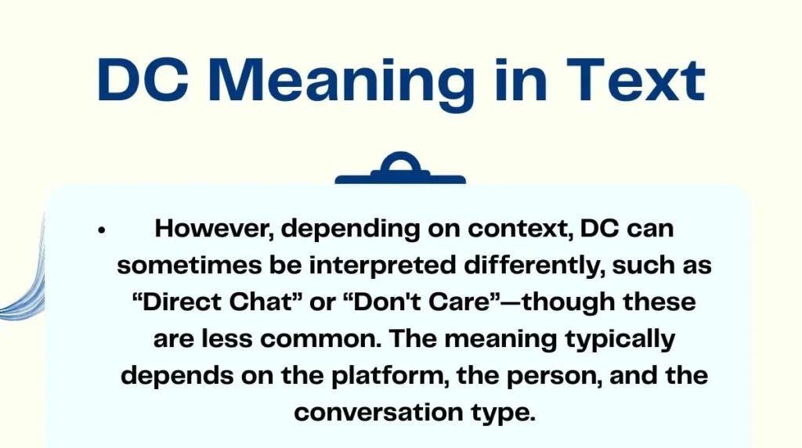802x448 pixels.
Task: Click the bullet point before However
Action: tap(102, 230)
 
